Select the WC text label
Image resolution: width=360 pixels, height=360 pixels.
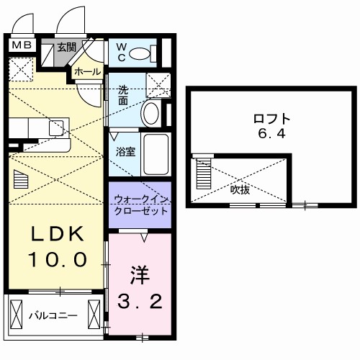click(122, 52)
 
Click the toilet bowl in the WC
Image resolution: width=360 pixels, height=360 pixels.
click(144, 53)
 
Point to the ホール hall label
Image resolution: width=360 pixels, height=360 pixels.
click(87, 72)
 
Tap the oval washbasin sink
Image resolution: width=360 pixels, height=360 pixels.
click(151, 112)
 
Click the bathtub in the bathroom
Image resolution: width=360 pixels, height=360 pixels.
click(156, 153)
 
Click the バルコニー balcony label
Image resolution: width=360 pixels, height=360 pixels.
click(52, 314)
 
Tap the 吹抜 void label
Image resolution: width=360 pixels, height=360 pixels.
click(240, 191)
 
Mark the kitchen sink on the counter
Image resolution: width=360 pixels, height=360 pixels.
click(56, 129)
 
